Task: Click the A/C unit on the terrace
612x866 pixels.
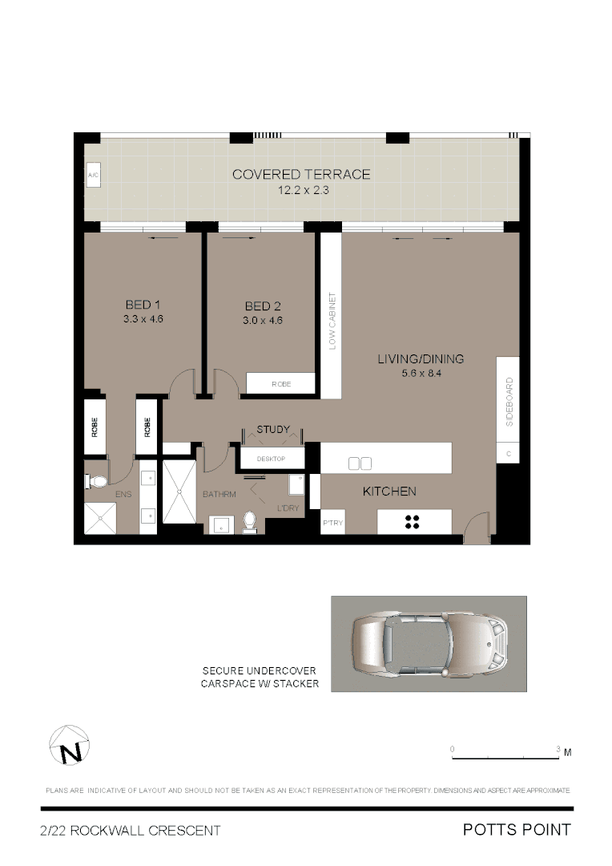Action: click(x=93, y=176)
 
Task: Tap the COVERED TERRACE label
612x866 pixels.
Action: click(x=301, y=174)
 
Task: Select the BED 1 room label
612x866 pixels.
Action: click(x=143, y=305)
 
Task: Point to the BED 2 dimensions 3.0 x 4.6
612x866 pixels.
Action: click(x=263, y=321)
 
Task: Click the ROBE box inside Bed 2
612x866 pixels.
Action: click(x=280, y=384)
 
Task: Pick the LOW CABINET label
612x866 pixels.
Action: click(x=332, y=321)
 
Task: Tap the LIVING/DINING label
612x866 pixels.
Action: click(x=421, y=358)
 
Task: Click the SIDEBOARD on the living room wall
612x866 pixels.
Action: click(x=509, y=401)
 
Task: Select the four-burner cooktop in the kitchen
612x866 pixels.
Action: click(x=413, y=522)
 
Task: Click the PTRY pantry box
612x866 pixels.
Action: click(x=332, y=523)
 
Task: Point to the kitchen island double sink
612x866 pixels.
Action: click(x=360, y=463)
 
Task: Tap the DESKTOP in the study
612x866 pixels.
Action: click(x=272, y=459)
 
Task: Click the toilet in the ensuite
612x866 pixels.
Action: click(x=96, y=481)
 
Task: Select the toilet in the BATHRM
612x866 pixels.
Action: click(x=248, y=521)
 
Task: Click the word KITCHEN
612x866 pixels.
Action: click(x=389, y=491)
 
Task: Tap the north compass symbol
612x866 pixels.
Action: click(x=70, y=746)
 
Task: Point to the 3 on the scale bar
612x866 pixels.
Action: click(x=558, y=748)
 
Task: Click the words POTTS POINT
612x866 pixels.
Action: click(x=517, y=830)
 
